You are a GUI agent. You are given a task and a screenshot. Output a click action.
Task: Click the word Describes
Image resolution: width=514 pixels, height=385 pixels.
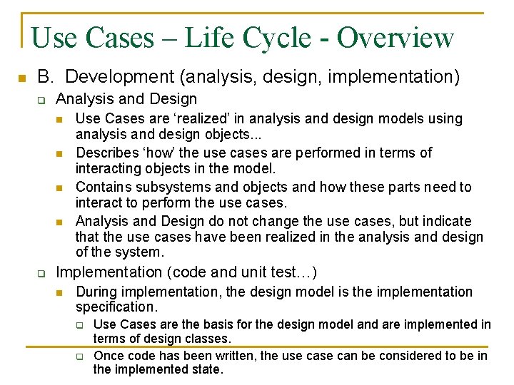point(105,153)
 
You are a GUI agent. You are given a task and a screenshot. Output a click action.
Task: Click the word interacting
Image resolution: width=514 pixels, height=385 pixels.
point(108,169)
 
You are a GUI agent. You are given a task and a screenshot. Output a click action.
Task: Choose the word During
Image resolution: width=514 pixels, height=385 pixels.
point(96,292)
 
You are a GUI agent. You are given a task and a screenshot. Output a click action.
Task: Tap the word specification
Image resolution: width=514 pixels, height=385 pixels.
point(115,307)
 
